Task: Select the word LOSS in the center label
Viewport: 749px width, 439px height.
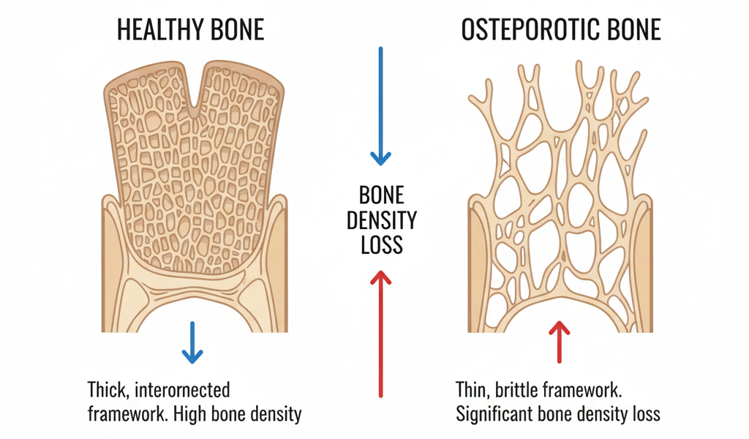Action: pos(381,244)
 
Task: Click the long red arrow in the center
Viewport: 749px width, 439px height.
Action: pos(380,333)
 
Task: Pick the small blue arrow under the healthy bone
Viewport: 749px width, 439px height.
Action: pos(192,342)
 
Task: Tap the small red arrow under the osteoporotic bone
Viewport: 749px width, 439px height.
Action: pos(560,342)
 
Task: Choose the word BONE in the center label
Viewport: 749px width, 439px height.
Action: pos(381,195)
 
